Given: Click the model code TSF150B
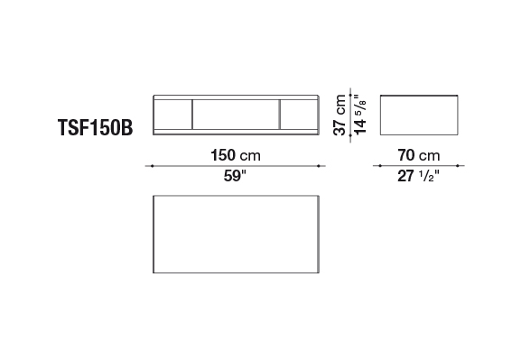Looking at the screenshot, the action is click(96, 127).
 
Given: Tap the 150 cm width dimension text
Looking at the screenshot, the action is click(236, 155).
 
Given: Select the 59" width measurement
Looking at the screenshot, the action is click(236, 176).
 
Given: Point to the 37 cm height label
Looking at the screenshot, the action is click(340, 115).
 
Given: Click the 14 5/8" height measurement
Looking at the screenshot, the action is click(360, 115).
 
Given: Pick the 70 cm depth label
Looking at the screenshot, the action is click(419, 155).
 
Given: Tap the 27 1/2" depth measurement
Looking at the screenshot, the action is click(418, 176).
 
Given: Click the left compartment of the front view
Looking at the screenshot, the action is click(172, 115).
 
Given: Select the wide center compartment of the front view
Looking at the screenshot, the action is click(236, 115).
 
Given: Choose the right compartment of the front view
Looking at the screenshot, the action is click(299, 115).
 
